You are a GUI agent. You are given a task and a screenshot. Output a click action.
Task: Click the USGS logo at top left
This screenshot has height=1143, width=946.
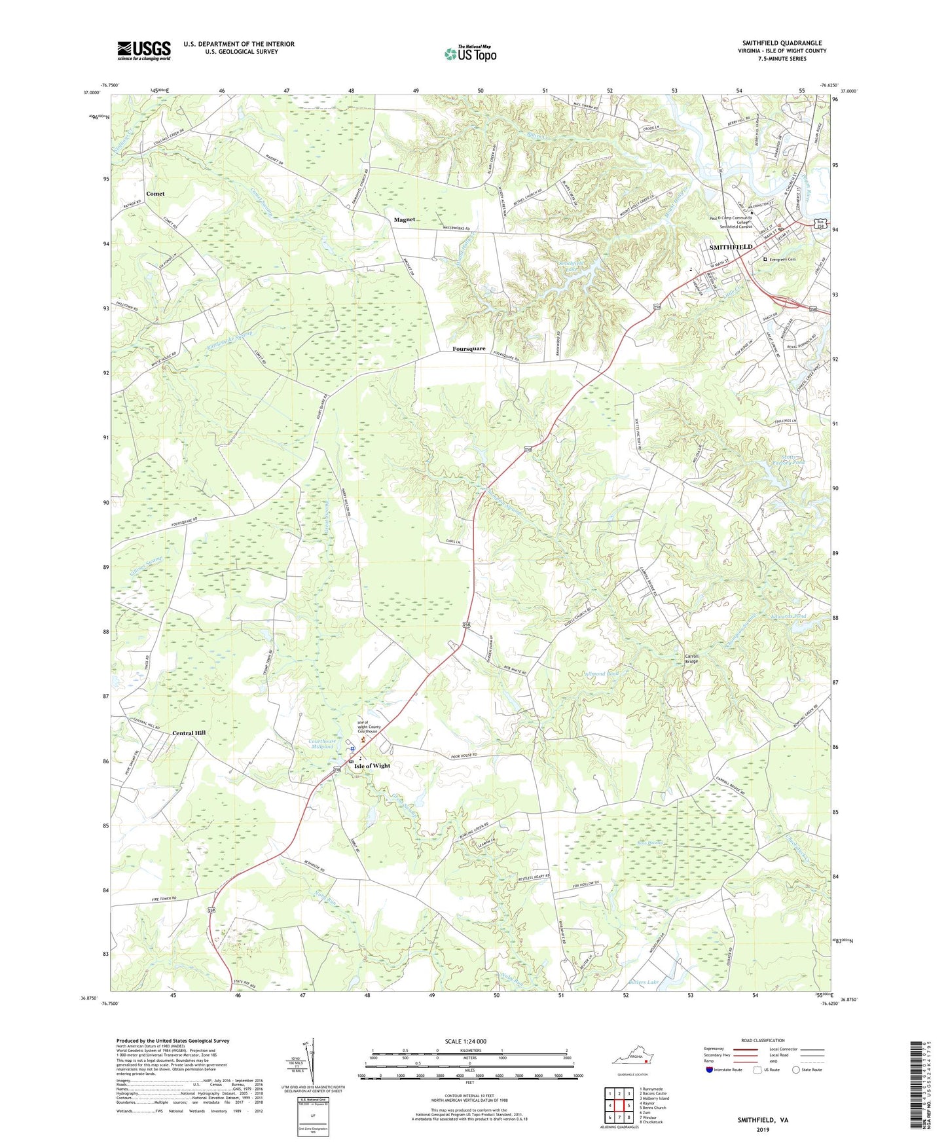pyautogui.click(x=143, y=50)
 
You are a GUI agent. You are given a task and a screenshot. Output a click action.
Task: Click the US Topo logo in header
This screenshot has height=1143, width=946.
pyautogui.click(x=470, y=54)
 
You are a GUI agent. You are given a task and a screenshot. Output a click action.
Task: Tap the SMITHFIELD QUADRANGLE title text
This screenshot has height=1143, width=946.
pyautogui.click(x=782, y=43)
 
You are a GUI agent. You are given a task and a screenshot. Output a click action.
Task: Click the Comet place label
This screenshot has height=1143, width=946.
pyautogui.click(x=155, y=194)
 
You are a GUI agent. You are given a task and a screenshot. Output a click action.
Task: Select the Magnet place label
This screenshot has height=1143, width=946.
pyautogui.click(x=405, y=220)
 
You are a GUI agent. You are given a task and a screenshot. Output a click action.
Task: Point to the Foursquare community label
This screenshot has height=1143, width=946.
pyautogui.click(x=469, y=349)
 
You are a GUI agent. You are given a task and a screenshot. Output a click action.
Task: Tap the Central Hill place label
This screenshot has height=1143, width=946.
pyautogui.click(x=189, y=733)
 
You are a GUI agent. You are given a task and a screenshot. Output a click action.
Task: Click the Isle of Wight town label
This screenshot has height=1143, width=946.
pyautogui.click(x=372, y=765)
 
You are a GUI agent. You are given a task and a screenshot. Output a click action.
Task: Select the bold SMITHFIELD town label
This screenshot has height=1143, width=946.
pyautogui.click(x=731, y=247)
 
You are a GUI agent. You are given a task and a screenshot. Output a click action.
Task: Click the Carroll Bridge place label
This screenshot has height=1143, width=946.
pyautogui.click(x=691, y=659)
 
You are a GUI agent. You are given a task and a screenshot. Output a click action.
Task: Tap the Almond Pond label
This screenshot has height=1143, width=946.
pyautogui.click(x=603, y=673)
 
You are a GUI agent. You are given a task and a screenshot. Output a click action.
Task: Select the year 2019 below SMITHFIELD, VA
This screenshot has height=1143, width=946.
pyautogui.click(x=763, y=1130)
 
